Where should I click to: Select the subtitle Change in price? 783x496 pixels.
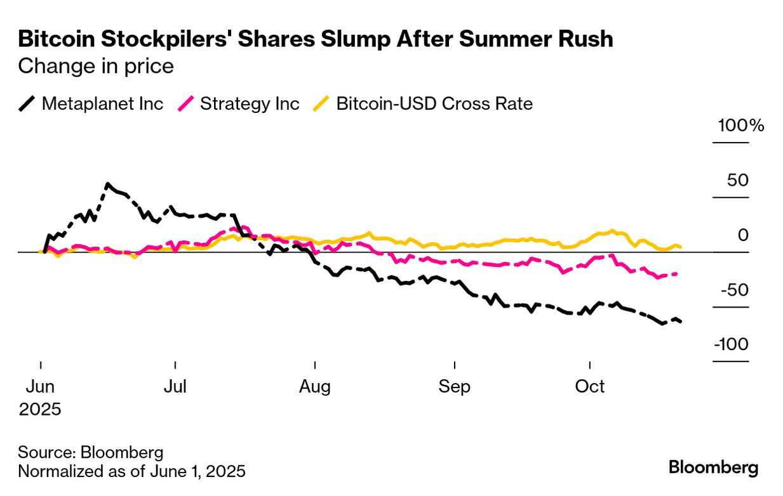click(x=95, y=66)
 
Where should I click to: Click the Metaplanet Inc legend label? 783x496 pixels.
click(x=102, y=103)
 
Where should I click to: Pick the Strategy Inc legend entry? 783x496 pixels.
click(x=250, y=103)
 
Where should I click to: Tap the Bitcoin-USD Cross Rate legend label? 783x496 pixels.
click(x=434, y=103)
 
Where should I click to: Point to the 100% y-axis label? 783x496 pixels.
click(x=740, y=126)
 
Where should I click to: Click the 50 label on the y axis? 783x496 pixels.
click(x=738, y=180)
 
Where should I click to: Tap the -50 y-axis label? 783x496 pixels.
click(x=734, y=290)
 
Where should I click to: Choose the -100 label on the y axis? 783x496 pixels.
click(x=731, y=344)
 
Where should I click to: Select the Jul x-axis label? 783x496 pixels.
click(x=175, y=386)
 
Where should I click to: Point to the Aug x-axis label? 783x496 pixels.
click(x=315, y=386)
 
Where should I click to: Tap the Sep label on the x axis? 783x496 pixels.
click(x=455, y=386)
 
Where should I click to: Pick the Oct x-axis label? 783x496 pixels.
click(x=590, y=386)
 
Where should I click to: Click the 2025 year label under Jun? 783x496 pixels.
click(x=39, y=409)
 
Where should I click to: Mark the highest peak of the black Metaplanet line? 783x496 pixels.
click(x=108, y=185)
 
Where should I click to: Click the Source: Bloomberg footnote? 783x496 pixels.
click(x=90, y=452)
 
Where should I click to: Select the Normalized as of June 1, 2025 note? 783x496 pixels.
click(x=131, y=472)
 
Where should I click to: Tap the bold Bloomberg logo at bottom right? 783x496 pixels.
click(x=713, y=468)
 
